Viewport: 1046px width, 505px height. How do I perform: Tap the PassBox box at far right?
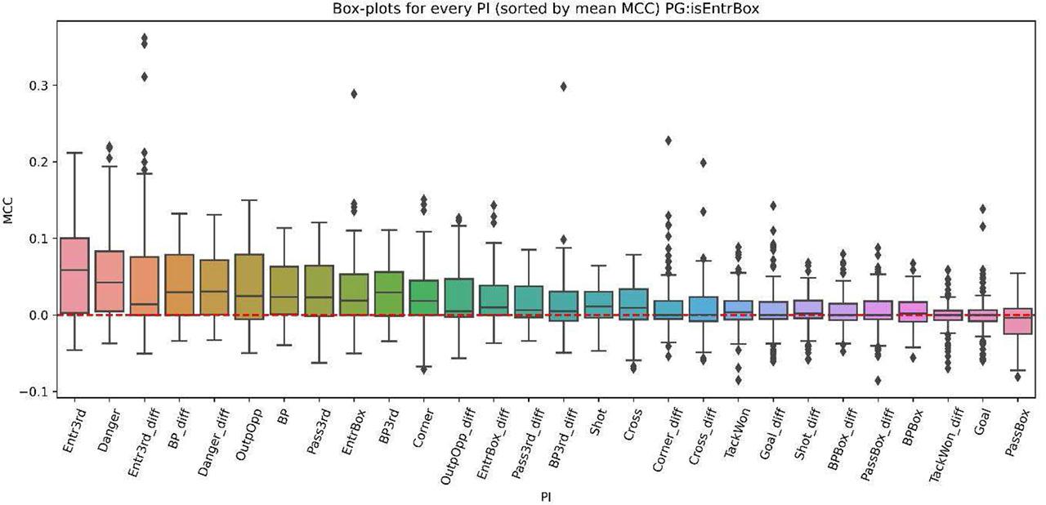1017,320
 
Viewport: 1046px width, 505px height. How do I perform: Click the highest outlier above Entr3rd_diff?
145,38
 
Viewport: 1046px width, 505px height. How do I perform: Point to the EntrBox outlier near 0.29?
354,93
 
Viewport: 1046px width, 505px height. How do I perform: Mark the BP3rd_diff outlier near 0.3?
563,86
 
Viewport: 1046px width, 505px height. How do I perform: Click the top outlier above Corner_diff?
668,141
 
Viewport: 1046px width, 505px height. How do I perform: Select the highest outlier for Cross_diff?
703,163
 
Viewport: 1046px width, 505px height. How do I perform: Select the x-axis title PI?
546,496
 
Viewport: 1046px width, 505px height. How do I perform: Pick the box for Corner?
424,297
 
